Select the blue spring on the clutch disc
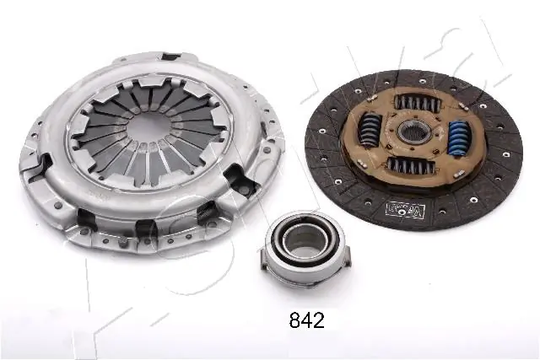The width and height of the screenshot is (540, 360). point(460,137)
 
